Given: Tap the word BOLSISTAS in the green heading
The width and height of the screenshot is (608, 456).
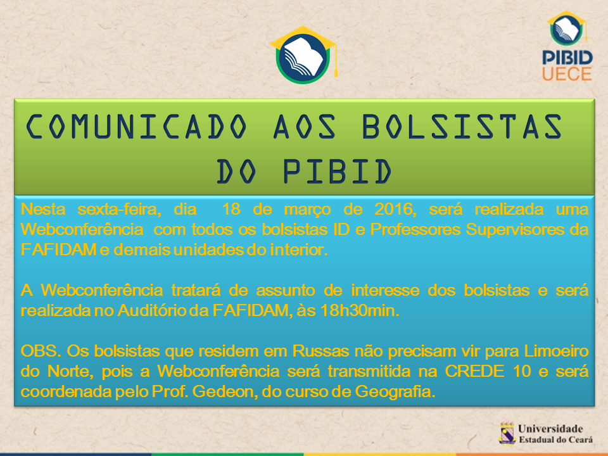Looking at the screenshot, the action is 462,127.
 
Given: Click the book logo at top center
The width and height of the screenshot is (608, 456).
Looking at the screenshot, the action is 303,54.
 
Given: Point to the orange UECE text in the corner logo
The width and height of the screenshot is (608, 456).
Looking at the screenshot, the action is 567,73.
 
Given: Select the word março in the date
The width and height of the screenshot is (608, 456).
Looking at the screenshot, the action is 308,210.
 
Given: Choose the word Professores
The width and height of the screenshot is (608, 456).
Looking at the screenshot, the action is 414,229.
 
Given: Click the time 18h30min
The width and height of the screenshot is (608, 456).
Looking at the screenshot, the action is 360,310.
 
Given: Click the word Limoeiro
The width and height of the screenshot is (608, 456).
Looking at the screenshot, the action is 557,351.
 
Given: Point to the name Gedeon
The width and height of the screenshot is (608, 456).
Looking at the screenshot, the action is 225,391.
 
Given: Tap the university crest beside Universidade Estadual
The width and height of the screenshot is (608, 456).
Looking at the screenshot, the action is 507,433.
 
